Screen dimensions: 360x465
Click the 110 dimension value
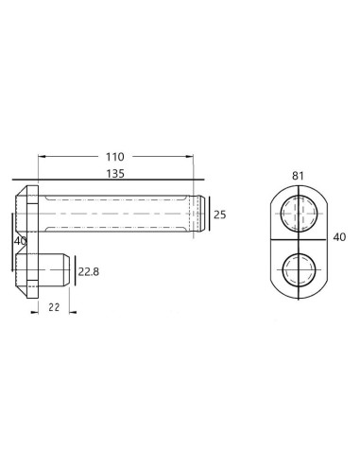[115, 157]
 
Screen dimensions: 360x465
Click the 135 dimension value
[115, 174]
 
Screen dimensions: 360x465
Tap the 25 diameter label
[220, 215]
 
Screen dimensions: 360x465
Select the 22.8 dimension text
[89, 271]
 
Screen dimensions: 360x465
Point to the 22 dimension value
[54, 307]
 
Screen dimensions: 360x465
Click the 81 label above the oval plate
[298, 176]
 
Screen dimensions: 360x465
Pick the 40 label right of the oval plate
[339, 237]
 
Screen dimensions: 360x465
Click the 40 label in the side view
[20, 241]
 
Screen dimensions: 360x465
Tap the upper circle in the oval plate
[299, 214]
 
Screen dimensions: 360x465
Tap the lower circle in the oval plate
[299, 270]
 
